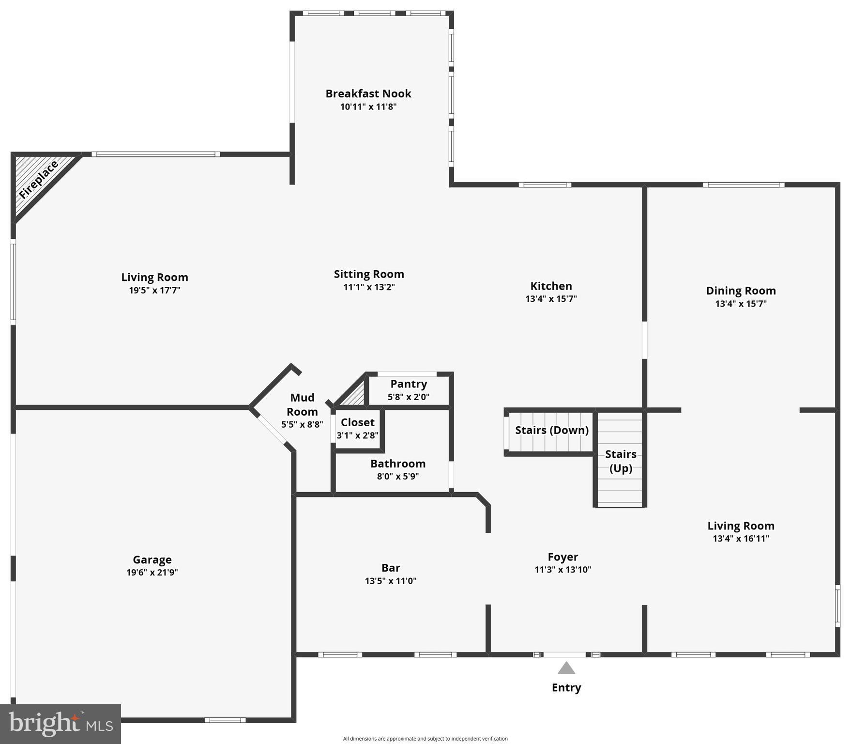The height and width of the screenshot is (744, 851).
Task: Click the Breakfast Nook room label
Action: pyautogui.click(x=368, y=93)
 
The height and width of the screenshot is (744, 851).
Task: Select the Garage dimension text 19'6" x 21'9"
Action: pyautogui.click(x=152, y=572)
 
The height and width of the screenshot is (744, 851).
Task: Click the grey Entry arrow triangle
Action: pyautogui.click(x=566, y=668)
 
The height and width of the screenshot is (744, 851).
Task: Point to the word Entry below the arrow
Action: pyautogui.click(x=566, y=687)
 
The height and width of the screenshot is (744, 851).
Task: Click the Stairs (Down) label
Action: pyautogui.click(x=551, y=430)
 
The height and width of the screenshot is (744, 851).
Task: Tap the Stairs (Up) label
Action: pyautogui.click(x=620, y=461)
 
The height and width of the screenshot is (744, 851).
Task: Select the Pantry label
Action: pyautogui.click(x=409, y=384)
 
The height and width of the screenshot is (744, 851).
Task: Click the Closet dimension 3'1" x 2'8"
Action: pyautogui.click(x=357, y=435)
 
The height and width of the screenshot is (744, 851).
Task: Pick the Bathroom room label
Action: pyautogui.click(x=397, y=464)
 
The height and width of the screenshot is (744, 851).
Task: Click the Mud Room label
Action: pyautogui.click(x=302, y=404)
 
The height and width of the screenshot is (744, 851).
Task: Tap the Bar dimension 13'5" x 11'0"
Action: pyautogui.click(x=390, y=580)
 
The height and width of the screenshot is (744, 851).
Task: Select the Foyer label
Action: pyautogui.click(x=562, y=557)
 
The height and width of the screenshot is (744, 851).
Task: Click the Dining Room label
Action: pyautogui.click(x=740, y=291)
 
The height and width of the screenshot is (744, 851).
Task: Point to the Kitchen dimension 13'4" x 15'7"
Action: pyautogui.click(x=551, y=298)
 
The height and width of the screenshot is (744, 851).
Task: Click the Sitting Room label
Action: pyautogui.click(x=368, y=274)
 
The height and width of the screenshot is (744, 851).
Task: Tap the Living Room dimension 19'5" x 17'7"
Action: pyautogui.click(x=154, y=290)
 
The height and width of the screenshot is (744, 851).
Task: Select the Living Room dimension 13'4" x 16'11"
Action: pyautogui.click(x=740, y=538)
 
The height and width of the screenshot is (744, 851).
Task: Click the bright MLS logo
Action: pyautogui.click(x=60, y=724)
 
